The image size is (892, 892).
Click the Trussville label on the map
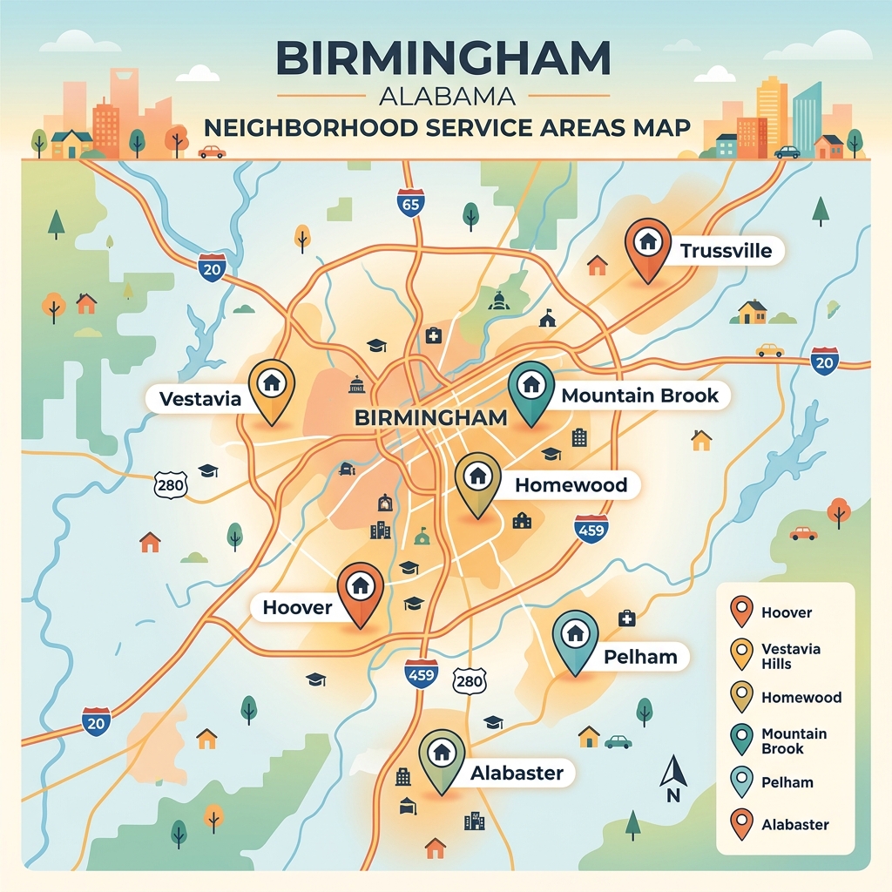click(x=726, y=252)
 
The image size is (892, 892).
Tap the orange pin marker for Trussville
click(x=648, y=244)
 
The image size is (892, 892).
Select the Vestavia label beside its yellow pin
click(x=200, y=400)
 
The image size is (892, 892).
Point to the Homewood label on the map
click(x=571, y=485)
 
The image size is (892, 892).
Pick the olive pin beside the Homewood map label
click(x=477, y=479)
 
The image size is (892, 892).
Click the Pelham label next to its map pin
click(x=639, y=657)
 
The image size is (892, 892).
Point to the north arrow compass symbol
click(x=672, y=778)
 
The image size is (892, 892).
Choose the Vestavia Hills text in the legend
click(x=790, y=656)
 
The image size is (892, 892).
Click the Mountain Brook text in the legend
click(x=794, y=741)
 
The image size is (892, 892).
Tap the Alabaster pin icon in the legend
click(x=741, y=824)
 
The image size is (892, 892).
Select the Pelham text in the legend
click(x=787, y=782)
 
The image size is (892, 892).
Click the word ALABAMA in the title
click(x=445, y=94)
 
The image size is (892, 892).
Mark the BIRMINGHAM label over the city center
click(x=431, y=417)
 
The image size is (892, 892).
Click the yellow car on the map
click(x=769, y=350)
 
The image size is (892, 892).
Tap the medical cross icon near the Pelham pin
click(x=625, y=618)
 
